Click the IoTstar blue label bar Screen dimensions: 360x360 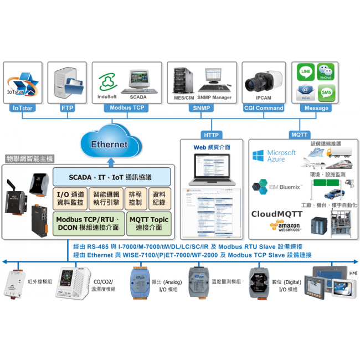(x=23, y=109)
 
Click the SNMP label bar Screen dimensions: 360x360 (x=202, y=109)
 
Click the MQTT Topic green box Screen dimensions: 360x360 (x=148, y=224)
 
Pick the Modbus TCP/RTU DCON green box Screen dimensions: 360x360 (x=88, y=224)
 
